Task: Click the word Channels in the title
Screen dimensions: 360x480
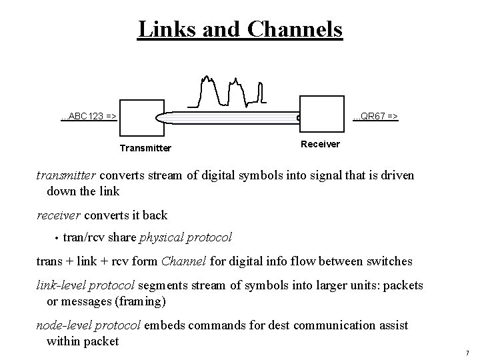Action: coord(294,29)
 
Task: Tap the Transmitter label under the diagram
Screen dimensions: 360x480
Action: coord(145,148)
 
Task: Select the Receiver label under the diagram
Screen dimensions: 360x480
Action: coord(320,144)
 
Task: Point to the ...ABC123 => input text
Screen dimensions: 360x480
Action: coord(89,117)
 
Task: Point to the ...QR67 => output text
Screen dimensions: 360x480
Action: coord(376,117)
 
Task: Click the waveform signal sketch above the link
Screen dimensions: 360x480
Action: coord(227,91)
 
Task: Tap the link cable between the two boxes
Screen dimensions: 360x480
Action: coord(227,117)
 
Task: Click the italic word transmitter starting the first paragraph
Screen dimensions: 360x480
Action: coord(67,176)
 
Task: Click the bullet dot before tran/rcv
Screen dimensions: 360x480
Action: coord(57,238)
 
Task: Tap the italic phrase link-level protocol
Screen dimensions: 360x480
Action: coord(86,285)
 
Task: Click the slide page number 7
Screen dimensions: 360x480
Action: coord(467,352)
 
